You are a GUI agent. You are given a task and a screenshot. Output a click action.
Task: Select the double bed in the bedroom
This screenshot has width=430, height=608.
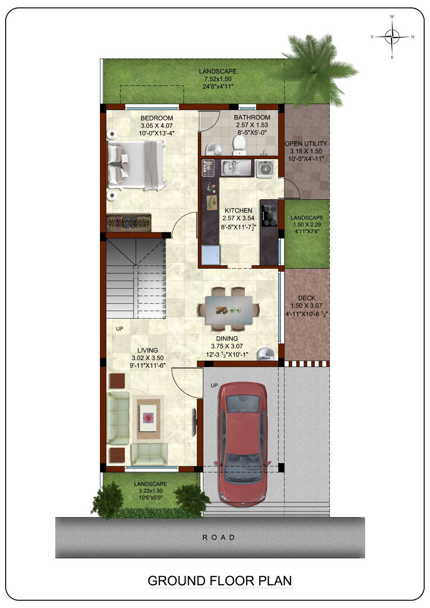137,165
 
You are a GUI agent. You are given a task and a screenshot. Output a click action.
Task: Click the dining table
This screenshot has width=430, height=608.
229,309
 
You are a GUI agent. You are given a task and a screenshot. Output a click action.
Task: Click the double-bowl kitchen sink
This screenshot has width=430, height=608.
237,167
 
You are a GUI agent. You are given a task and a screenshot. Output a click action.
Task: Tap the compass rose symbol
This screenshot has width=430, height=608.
392,37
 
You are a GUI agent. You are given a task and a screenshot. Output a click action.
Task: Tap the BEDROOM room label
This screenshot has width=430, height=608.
156,118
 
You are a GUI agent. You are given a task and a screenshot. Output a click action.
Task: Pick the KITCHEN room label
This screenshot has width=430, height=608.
238,210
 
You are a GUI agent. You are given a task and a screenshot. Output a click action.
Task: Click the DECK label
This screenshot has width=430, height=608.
307,298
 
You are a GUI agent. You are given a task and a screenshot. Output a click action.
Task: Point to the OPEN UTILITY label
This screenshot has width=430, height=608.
306,143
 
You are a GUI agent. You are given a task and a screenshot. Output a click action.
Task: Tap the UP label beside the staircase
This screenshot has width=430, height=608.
120,328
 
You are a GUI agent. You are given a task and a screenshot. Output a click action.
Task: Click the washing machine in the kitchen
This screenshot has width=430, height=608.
265,169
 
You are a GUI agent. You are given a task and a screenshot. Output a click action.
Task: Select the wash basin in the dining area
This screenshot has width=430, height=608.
265,354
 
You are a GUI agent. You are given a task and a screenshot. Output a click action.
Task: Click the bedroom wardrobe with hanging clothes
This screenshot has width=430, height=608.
129,222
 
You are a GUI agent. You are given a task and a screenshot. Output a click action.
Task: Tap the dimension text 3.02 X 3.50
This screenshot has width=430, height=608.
148,358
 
